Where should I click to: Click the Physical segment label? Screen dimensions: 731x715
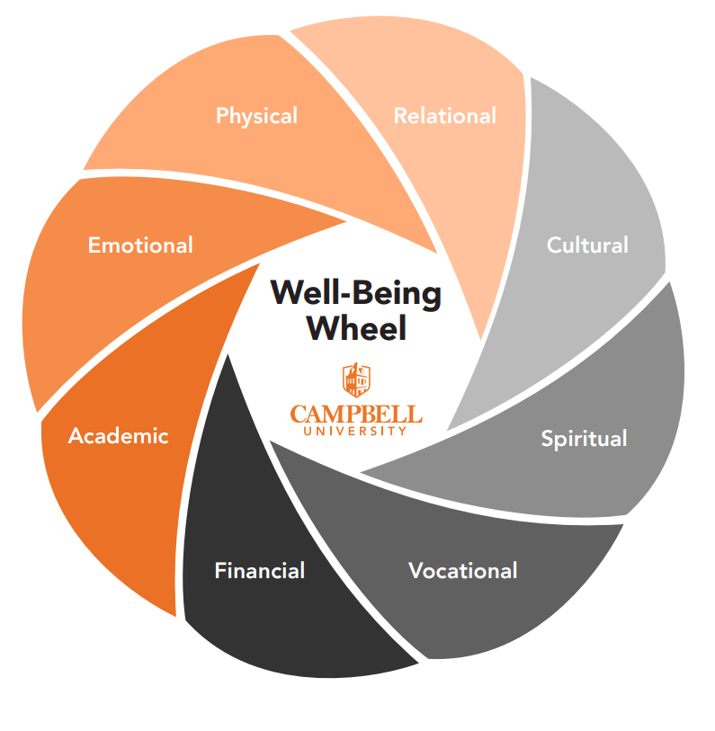pos(256,116)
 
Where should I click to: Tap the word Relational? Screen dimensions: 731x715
pos(444,116)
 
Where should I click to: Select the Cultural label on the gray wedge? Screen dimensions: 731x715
pos(587,245)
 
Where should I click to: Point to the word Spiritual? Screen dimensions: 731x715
pos(584,439)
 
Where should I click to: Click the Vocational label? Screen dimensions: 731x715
pos(462,571)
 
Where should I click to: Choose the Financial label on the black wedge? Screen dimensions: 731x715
pos(259,571)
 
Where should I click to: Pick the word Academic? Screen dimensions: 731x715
pos(118,436)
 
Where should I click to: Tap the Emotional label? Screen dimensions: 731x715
pos(140,245)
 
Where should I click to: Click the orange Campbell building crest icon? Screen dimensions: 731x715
pos(356,379)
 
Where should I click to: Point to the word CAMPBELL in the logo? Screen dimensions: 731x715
pos(356,415)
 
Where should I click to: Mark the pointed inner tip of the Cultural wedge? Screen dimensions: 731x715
pos(448,430)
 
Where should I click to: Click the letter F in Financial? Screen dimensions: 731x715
pos(219,571)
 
